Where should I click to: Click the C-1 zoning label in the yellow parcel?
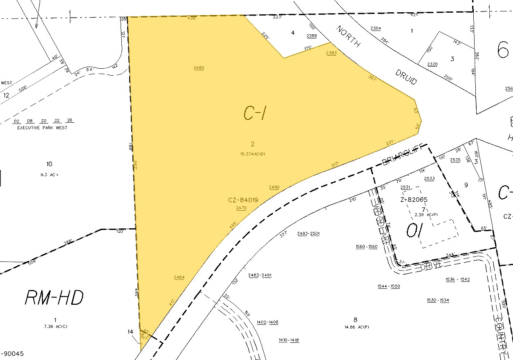pyautogui.click(x=255, y=113)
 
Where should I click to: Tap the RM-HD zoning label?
pyautogui.click(x=54, y=297)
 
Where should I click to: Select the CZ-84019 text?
pyautogui.click(x=243, y=200)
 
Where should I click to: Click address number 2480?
pyautogui.click(x=199, y=68)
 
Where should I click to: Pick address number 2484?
pyautogui.click(x=179, y=277)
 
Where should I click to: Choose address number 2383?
pyautogui.click(x=331, y=54)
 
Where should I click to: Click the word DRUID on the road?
pyautogui.click(x=406, y=76)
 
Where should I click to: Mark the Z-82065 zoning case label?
pyautogui.click(x=414, y=200)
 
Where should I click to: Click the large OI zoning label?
pyautogui.click(x=417, y=231)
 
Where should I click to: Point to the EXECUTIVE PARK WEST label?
pyautogui.click(x=43, y=128)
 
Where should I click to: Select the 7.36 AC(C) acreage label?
pyautogui.click(x=55, y=326)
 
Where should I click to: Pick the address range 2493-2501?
pyautogui.click(x=308, y=234)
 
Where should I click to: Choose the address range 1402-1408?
pyautogui.click(x=267, y=322)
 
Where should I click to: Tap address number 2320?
pyautogui.click(x=432, y=65)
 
